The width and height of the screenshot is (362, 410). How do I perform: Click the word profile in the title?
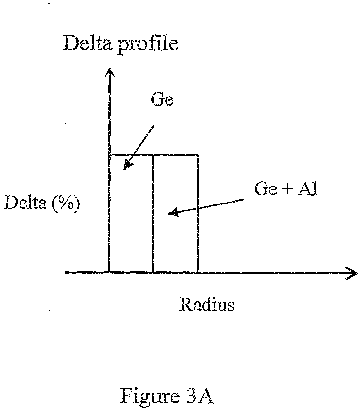pyautogui.click(x=148, y=44)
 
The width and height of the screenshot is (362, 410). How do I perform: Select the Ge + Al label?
pyautogui.click(x=286, y=188)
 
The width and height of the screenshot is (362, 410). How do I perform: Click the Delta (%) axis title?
pyautogui.click(x=42, y=203)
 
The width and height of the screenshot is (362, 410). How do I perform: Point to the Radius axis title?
pyautogui.click(x=207, y=304)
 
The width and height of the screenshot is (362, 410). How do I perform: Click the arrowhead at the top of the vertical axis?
pyautogui.click(x=110, y=68)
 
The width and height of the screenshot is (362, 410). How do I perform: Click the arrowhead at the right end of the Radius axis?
pyautogui.click(x=357, y=273)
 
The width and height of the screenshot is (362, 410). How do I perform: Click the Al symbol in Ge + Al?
pyautogui.click(x=308, y=188)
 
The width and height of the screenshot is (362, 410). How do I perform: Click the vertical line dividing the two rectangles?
pyautogui.click(x=153, y=214)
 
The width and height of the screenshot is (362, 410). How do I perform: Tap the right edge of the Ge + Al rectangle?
pyautogui.click(x=198, y=214)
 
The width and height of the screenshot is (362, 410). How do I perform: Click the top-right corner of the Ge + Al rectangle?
pyautogui.click(x=198, y=155)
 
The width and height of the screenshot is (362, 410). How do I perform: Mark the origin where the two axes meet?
pyautogui.click(x=109, y=273)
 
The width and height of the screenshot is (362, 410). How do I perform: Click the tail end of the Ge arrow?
pyautogui.click(x=154, y=126)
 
